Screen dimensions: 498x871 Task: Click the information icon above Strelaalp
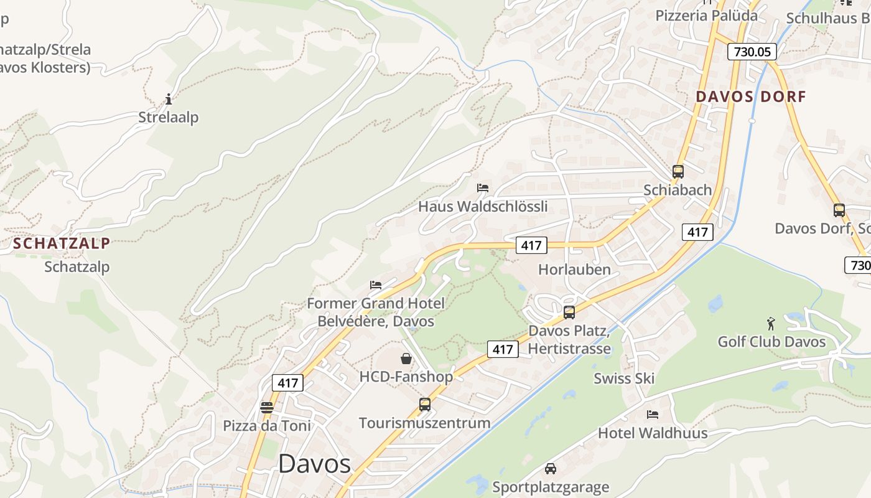168,99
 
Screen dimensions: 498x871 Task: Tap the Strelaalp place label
168,117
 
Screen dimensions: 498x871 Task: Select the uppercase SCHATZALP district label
62,243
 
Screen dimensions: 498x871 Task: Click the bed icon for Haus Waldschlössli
482,187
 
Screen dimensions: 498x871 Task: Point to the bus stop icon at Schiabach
678,171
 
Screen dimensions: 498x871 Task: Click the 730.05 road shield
752,52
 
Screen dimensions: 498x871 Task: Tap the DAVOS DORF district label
750,96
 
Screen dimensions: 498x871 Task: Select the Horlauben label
574,270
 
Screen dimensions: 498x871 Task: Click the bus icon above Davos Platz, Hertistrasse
569,312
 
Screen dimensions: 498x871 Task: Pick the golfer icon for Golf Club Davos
771,324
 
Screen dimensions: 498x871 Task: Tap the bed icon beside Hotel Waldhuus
652,414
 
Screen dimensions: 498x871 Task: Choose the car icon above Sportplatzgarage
550,468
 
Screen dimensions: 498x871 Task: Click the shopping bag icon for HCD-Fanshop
406,359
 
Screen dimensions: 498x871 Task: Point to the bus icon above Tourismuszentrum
424,405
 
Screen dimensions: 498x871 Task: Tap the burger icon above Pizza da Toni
266,408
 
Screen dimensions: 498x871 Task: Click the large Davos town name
314,464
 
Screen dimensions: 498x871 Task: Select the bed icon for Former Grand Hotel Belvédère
375,285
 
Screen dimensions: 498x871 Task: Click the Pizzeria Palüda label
706,16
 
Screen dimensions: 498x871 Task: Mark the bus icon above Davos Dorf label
839,210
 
